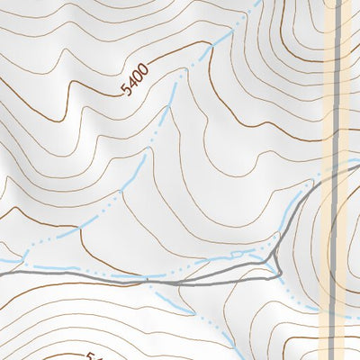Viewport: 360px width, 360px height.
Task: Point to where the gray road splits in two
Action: [x=179, y=283]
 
